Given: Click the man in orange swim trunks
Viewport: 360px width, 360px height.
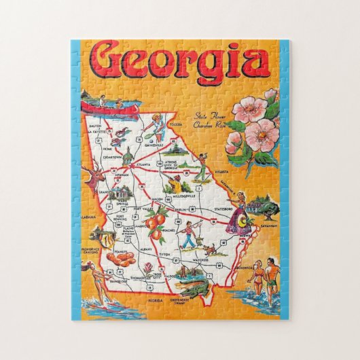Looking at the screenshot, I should coord(272,275).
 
